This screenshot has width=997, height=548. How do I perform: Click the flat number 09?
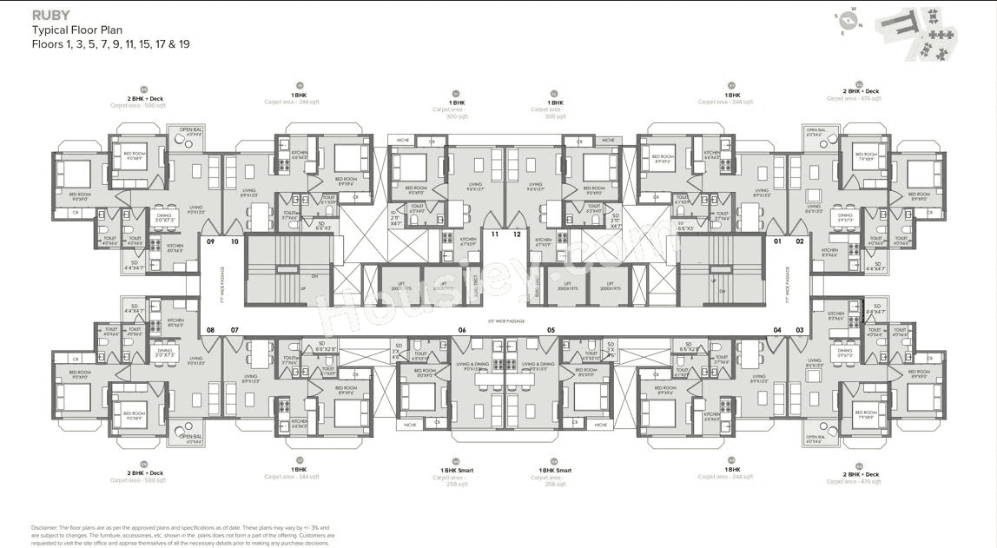[x=209, y=241]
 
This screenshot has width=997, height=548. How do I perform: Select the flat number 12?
[x=517, y=234]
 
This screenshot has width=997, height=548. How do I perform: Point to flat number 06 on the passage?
[x=462, y=329]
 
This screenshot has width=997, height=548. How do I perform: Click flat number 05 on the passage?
[x=551, y=329]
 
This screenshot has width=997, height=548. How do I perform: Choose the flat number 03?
[x=800, y=329]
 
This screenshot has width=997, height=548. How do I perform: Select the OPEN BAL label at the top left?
[x=190, y=131]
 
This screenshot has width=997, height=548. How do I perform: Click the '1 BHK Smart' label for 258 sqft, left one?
[x=455, y=470]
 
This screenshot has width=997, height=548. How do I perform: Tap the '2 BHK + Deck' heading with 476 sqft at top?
[x=861, y=91]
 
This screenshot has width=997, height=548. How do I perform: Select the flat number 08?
[x=209, y=329]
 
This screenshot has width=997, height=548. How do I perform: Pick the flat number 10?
[x=234, y=241]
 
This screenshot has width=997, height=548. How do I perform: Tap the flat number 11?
[x=495, y=234]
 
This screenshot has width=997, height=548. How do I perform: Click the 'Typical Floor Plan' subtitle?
[x=77, y=30]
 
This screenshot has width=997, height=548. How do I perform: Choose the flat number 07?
[x=234, y=329]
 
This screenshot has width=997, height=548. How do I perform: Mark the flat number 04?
[x=778, y=329]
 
